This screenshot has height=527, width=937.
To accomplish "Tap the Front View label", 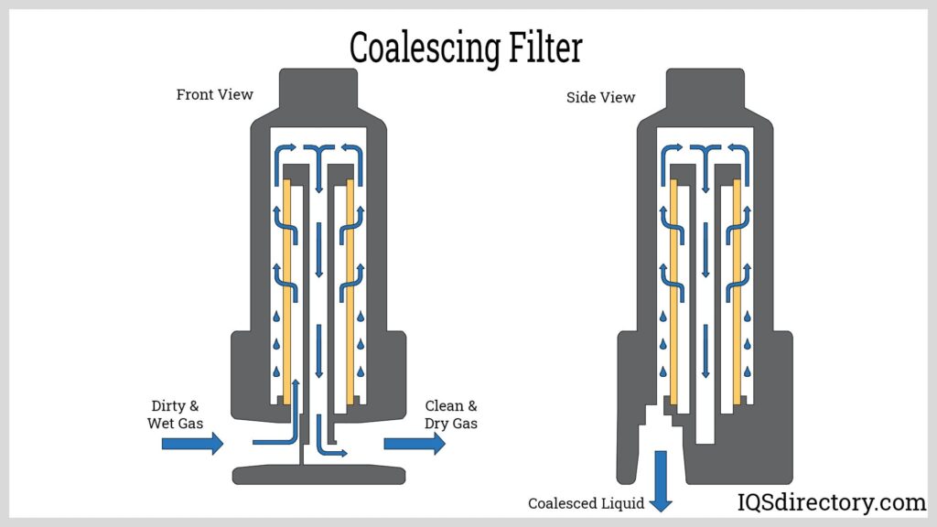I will coord(215,94).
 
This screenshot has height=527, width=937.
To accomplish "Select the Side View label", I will coord(600,97).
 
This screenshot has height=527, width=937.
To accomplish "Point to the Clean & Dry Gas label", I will coord(451,414).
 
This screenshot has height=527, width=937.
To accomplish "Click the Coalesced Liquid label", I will coord(586,503).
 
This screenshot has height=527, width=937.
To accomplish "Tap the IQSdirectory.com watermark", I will coord(832,501).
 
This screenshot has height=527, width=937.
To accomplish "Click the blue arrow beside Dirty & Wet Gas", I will coord(192,444).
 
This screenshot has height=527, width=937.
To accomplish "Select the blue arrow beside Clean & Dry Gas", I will coord(415,444).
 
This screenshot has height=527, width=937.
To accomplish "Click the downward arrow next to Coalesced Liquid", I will coord(662,479).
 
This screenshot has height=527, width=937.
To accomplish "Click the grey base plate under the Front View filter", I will coord(318,474).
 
